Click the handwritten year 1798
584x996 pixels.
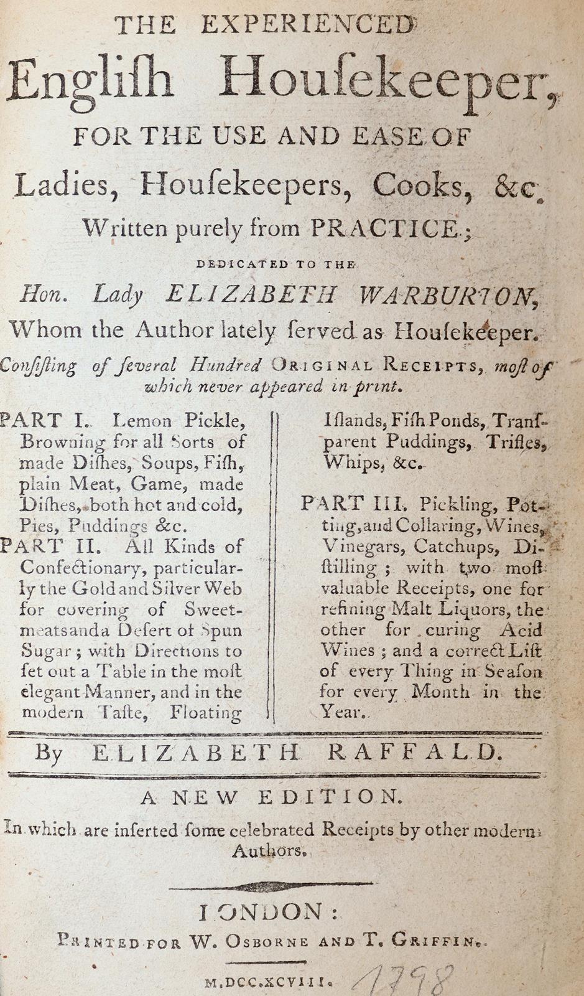402,979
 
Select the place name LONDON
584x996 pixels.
269,913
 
